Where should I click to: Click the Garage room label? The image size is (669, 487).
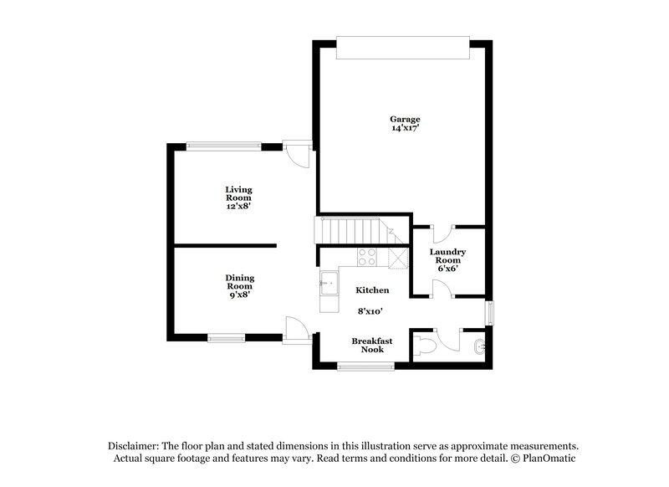(x=405, y=119)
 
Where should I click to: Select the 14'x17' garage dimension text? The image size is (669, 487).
(x=405, y=128)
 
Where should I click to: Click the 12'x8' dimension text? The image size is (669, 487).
(x=238, y=205)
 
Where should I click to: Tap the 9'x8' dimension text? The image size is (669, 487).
(x=239, y=294)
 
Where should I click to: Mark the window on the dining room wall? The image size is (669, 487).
(x=226, y=338)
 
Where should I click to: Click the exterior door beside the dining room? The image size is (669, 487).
(x=296, y=330)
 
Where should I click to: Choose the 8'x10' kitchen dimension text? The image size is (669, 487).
(x=369, y=311)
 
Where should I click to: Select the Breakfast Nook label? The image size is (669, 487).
(x=368, y=345)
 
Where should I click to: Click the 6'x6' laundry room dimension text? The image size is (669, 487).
(x=447, y=269)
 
